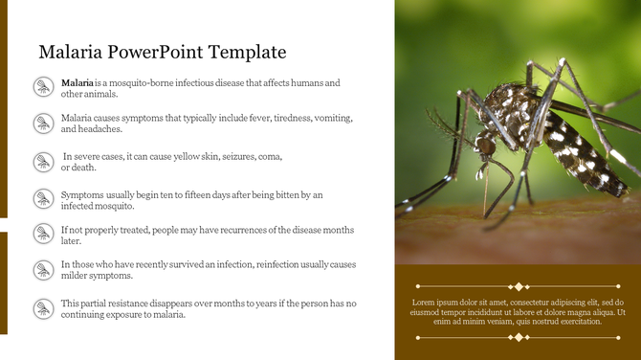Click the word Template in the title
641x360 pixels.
(x=245, y=52)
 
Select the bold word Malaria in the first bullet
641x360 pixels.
(x=77, y=83)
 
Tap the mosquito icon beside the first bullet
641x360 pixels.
(x=43, y=88)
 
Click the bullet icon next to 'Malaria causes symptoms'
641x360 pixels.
(x=43, y=123)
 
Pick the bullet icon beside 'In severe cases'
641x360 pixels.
(x=43, y=161)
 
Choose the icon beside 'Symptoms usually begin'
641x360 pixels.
(x=43, y=199)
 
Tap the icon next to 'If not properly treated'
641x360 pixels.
(x=43, y=235)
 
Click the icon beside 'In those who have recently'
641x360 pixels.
(x=43, y=270)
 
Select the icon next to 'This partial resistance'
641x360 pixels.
(x=43, y=308)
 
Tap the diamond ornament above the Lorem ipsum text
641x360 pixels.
(x=518, y=286)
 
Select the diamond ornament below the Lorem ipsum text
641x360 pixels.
(x=518, y=337)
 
